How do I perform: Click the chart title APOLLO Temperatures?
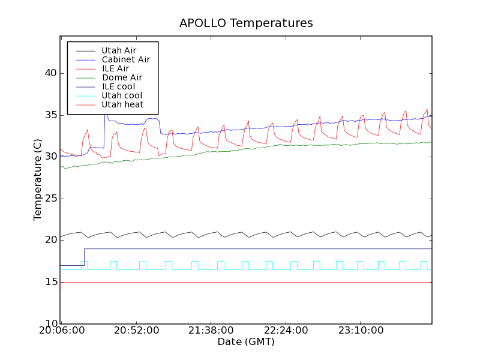pos(246,23)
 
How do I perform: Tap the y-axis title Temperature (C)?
pos(38,180)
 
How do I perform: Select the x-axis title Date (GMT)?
pos(246,342)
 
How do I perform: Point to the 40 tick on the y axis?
pos(50,73)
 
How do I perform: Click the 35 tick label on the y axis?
pos(50,115)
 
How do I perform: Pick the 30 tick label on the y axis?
pos(50,157)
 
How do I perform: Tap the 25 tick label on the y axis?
pos(50,199)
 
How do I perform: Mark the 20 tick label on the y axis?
pos(50,240)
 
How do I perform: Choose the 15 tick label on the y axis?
pos(50,282)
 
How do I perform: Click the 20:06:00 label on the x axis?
pos(61,331)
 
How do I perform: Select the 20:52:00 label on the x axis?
pos(136,331)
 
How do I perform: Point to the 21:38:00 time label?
pos(211,331)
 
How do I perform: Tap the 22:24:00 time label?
pos(286,331)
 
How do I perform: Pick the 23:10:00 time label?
pos(360,331)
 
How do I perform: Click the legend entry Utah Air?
pos(119,50)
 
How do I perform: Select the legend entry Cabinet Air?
pos(126,59)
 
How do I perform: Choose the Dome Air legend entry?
pos(122,77)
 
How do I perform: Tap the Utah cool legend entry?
pos(122,95)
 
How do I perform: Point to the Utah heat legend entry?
pos(122,104)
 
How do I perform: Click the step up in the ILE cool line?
pos(84,257)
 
